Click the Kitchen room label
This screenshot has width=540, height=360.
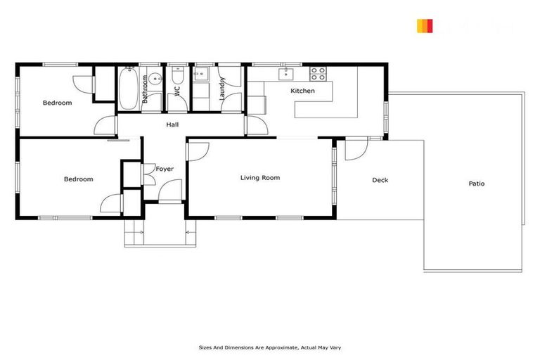coord(302,91)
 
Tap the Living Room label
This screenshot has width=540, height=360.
coord(260,178)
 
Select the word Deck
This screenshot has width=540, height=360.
coord(380,180)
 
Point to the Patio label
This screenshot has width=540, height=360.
coord(477,184)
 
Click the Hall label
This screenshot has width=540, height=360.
coord(172,124)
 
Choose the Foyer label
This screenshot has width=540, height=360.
coord(165,169)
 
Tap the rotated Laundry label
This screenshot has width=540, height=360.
coord(223,90)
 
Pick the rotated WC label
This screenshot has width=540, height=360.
coord(178,91)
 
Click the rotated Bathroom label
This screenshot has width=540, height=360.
coord(146,90)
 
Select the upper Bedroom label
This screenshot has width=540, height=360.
coord(57,103)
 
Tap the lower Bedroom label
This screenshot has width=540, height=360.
coord(78,179)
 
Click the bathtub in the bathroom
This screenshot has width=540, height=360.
coord(129,89)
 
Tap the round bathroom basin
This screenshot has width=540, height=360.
coord(155,77)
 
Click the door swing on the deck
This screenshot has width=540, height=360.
coord(353,150)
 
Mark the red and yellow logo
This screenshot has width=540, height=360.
coord(424,26)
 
